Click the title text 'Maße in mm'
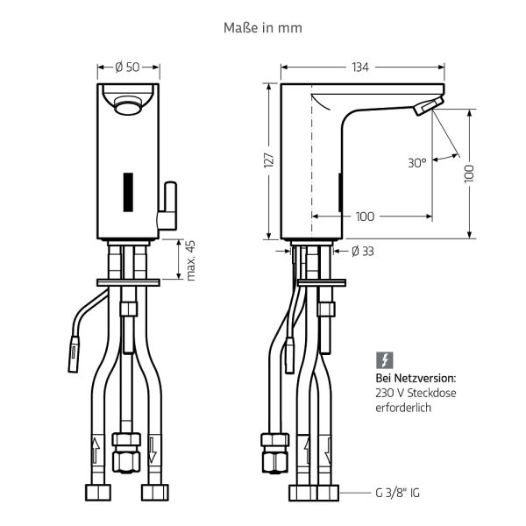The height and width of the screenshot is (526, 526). pyautogui.click(x=264, y=28)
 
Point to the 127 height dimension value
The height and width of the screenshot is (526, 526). pyautogui.click(x=269, y=160)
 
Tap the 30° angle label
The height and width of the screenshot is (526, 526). pyautogui.click(x=417, y=162)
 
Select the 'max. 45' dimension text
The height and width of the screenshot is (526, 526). pyautogui.click(x=190, y=260)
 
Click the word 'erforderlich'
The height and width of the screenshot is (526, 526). pyautogui.click(x=403, y=409)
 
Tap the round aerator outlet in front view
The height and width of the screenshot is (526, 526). pyautogui.click(x=128, y=106)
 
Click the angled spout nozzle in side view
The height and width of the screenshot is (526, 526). pyautogui.click(x=424, y=107)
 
